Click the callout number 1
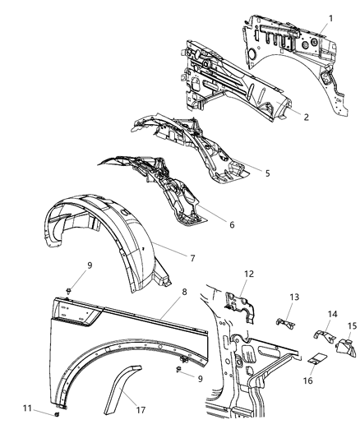[331, 18]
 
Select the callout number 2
[306, 118]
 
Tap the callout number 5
[267, 173]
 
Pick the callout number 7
[192, 258]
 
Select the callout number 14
[334, 315]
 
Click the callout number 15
[352, 327]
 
